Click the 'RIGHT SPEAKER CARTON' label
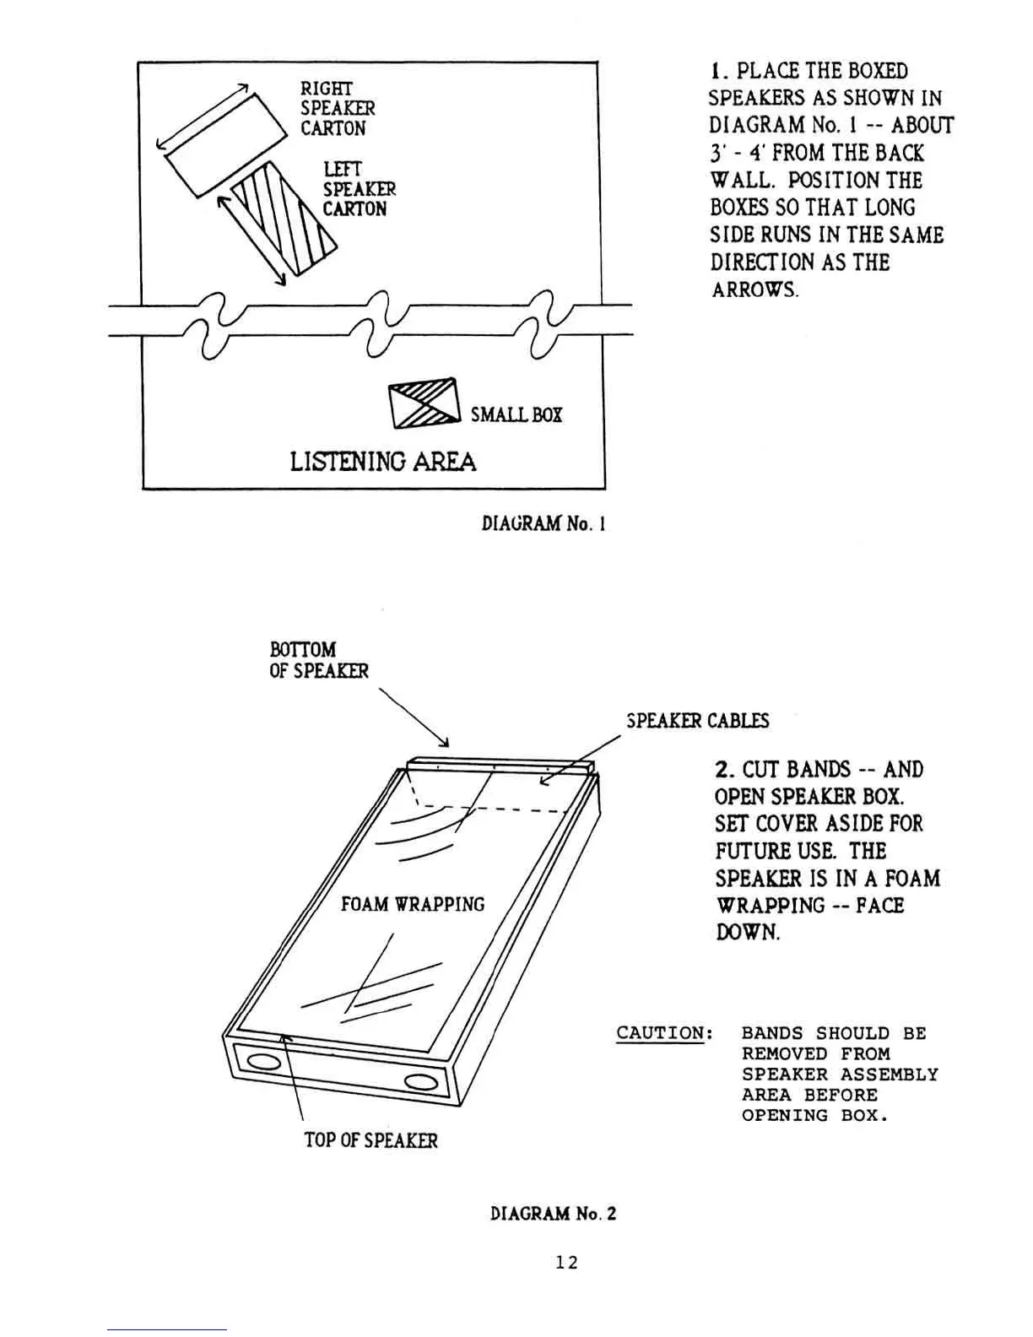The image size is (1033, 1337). point(338,109)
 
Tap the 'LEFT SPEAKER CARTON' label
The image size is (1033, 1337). point(359,189)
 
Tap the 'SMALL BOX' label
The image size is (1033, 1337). point(516,414)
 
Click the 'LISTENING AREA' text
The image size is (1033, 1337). point(382,462)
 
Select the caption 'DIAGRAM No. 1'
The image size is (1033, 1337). point(544,523)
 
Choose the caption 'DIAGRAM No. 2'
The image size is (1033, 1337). point(553,1214)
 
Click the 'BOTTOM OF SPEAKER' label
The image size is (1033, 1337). point(318,660)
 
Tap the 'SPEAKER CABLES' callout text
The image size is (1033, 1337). point(698,721)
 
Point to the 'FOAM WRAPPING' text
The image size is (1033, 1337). point(413,904)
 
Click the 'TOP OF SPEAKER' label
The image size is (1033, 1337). point(370,1140)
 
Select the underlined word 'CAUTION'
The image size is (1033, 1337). point(660,1033)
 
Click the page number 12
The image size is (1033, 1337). point(566,1263)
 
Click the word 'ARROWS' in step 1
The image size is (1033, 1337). point(753,290)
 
